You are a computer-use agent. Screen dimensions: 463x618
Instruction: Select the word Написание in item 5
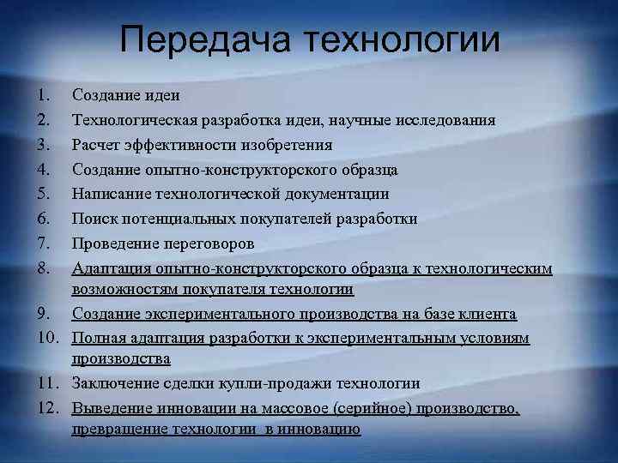point(108,194)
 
